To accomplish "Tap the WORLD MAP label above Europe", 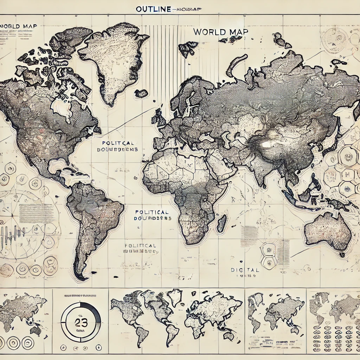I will point(221,32).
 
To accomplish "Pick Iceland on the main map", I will point(141,94).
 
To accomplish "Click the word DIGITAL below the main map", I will point(245,270).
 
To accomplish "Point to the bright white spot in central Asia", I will point(266,144).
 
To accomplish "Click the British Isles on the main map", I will point(159,118).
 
